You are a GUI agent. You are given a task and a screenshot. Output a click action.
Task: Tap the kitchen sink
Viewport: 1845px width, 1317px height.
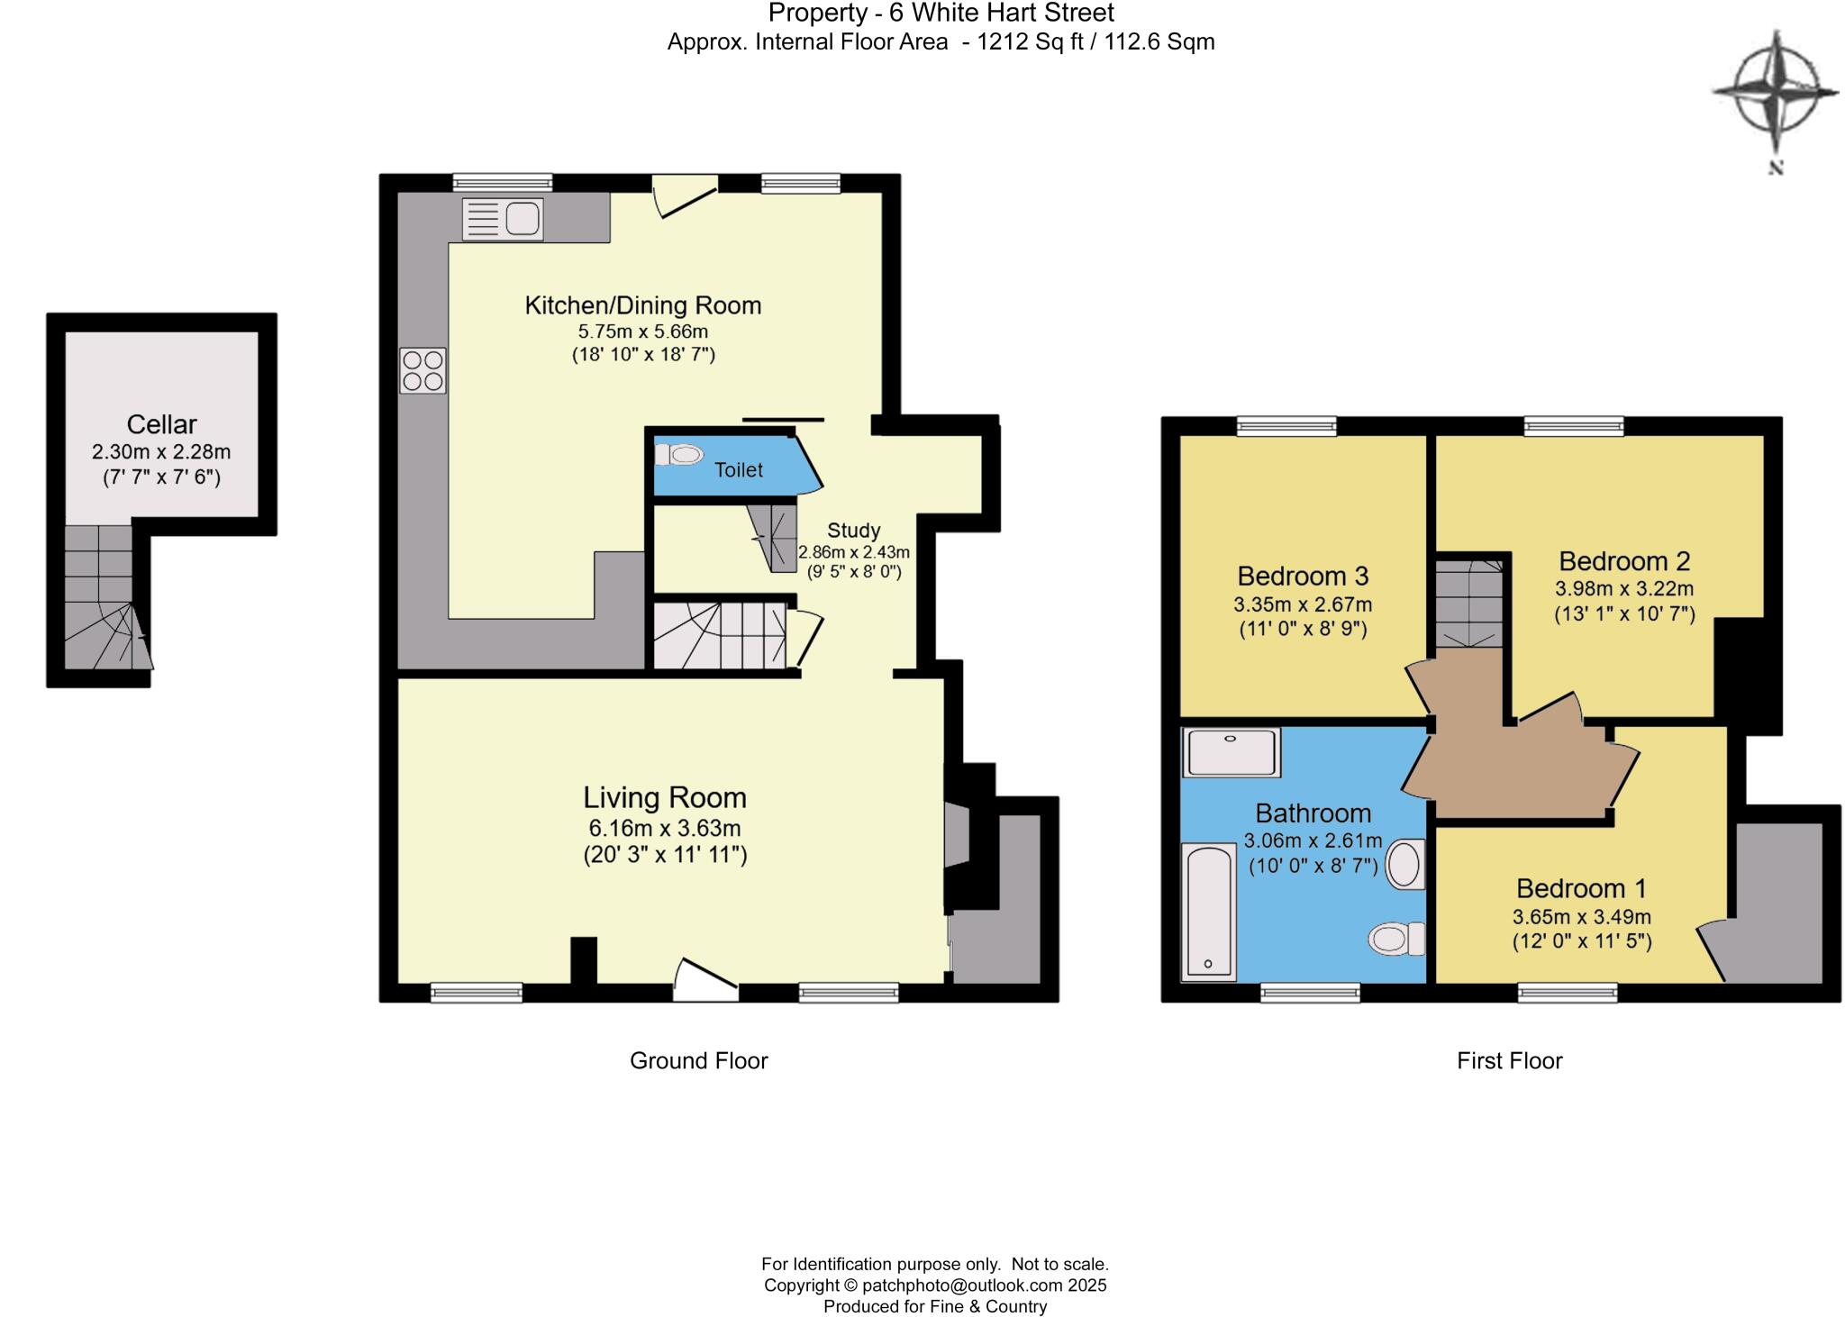click(x=503, y=219)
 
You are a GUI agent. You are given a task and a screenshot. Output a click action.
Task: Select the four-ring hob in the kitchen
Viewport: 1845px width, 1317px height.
click(x=423, y=371)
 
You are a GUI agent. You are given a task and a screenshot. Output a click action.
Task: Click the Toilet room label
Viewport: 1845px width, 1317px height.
click(x=739, y=469)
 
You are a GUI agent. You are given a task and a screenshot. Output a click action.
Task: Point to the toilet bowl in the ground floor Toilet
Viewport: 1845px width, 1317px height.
click(x=682, y=455)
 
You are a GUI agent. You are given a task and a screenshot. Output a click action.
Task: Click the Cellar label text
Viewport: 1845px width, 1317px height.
click(x=161, y=424)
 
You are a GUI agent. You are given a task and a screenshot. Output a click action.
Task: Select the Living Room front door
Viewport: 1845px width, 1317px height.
click(x=704, y=982)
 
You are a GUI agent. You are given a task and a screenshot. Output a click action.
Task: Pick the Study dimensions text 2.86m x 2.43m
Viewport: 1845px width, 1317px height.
click(x=853, y=552)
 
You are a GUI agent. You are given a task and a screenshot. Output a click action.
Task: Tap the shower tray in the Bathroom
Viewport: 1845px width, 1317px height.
click(x=1232, y=752)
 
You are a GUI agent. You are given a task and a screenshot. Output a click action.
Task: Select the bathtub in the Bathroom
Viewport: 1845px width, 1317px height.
click(x=1208, y=912)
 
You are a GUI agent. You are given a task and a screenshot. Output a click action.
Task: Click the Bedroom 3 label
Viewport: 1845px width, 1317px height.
click(x=1303, y=576)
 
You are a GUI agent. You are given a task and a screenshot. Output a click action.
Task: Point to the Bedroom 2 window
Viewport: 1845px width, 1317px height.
click(x=1574, y=426)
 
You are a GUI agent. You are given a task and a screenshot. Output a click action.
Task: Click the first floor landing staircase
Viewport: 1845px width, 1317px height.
click(x=1469, y=604)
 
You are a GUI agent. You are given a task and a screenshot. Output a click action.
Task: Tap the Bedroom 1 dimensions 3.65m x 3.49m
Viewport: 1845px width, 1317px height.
click(x=1581, y=917)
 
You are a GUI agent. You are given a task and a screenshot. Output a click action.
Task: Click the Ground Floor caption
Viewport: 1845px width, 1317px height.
click(x=698, y=1060)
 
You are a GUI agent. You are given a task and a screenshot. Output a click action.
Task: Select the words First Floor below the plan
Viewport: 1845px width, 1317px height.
click(x=1509, y=1060)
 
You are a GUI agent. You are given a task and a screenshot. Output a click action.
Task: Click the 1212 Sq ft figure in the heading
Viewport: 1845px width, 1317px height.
click(x=1030, y=41)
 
